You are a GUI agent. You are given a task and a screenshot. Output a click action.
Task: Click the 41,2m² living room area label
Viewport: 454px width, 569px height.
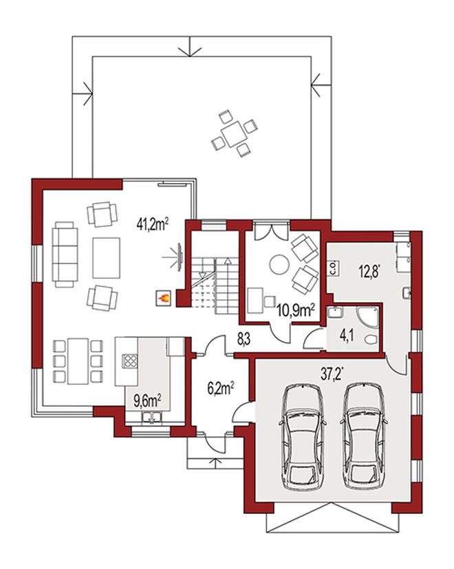152,224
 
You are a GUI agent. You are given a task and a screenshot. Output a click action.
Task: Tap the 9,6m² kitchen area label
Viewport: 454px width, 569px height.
148,400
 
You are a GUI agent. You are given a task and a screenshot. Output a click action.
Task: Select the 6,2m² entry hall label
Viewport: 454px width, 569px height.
220,388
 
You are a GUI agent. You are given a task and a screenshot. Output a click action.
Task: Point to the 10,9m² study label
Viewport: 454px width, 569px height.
296,310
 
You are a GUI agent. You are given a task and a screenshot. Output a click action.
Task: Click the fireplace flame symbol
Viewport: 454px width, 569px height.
163,299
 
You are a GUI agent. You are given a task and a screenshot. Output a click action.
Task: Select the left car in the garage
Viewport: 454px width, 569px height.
303,436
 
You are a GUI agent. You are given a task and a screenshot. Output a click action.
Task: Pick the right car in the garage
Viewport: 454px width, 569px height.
364,436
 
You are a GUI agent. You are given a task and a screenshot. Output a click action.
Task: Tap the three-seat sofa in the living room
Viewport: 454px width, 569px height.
65,255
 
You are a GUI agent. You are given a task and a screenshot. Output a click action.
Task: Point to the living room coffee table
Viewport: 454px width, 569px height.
106,257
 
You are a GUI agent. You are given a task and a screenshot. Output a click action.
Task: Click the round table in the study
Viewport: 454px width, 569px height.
279,264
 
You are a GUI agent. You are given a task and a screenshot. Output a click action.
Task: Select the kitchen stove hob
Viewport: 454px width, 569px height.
130,361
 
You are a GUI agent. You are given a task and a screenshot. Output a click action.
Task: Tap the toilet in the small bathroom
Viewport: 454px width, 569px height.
371,341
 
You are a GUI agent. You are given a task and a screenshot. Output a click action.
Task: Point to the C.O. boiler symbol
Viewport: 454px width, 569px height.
334,269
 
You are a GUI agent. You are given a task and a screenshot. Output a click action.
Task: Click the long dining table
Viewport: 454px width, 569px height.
78,361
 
